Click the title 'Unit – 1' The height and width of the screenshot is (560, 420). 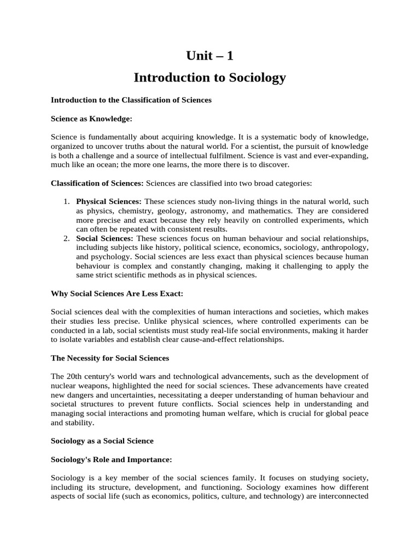pos(209,55)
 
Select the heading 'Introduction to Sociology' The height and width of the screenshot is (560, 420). pos(209,78)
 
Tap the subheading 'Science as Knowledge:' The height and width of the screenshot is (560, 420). pos(91,118)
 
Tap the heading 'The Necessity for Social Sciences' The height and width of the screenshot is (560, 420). pos(110,358)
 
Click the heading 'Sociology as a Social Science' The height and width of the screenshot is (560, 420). pos(102,440)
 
